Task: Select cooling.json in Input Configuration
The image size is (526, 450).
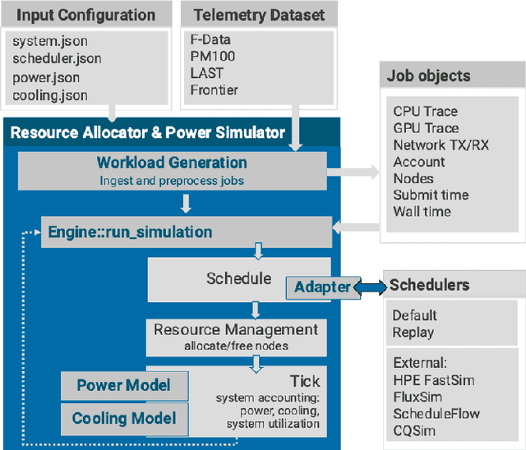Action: [x=50, y=95]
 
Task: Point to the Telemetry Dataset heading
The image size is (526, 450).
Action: [x=259, y=15]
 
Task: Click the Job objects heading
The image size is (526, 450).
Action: [x=429, y=76]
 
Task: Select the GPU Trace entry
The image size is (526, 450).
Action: [x=426, y=128]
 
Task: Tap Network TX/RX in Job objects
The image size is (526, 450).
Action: [x=441, y=145]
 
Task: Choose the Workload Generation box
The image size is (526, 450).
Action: [x=171, y=169]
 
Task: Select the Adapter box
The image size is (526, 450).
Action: [x=321, y=287]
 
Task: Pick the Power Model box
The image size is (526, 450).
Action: [x=123, y=385]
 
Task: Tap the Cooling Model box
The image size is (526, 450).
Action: [x=123, y=418]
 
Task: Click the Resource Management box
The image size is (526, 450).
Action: [x=236, y=337]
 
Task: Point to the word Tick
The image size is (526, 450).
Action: [x=304, y=381]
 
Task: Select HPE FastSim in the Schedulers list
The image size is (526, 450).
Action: [x=434, y=380]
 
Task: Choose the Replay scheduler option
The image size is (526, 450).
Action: [x=413, y=333]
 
